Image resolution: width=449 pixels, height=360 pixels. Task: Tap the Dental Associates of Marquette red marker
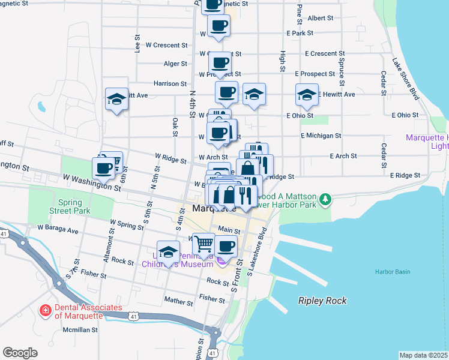45,311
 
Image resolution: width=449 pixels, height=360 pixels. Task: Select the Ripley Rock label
322,301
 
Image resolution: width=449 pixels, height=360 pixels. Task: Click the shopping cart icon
204,244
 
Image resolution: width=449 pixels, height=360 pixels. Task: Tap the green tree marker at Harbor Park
325,198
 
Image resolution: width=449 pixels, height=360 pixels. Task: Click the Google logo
20,353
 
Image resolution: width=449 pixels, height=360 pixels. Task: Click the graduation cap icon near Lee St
117,98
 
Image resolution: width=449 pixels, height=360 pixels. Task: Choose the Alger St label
175,64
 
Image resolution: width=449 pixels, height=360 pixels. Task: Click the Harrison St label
170,84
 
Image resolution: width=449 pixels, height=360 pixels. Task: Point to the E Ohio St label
300,115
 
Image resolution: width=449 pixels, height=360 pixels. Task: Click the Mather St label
178,299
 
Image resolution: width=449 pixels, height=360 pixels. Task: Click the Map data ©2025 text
423,355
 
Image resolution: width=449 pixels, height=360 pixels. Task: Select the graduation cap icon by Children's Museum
169,252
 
